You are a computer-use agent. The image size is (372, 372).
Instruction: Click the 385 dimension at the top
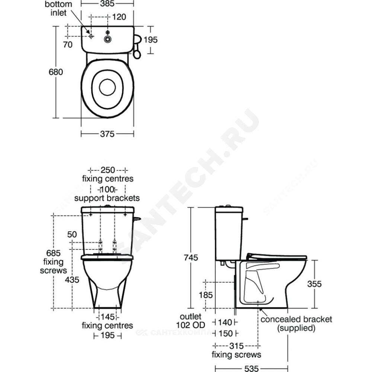coord(107,4)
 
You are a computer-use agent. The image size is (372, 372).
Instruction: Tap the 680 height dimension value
coord(56,72)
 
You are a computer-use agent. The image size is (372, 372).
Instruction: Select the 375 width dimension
coord(107,134)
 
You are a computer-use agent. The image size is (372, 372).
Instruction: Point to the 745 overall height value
coord(191,258)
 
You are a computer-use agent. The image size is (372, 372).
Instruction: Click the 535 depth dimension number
coord(251,368)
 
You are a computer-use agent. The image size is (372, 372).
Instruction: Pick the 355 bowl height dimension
coord(314,284)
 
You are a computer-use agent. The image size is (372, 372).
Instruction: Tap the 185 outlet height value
coord(206,295)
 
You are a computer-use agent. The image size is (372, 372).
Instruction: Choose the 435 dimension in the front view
coord(72,280)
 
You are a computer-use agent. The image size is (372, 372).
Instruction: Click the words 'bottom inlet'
coord(58,9)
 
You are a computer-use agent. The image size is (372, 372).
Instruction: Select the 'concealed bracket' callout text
coord(296,319)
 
